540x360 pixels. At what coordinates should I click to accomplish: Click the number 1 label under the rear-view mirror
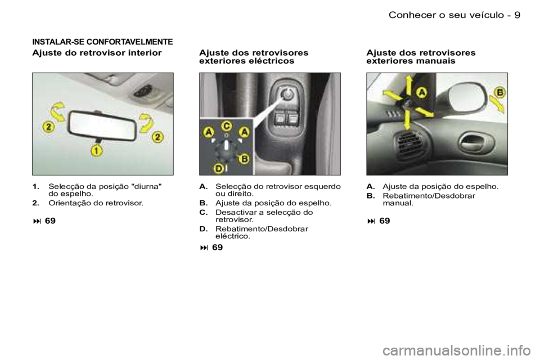97,151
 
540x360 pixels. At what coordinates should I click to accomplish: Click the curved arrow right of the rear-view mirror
146,122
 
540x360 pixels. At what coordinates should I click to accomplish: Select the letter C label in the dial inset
226,127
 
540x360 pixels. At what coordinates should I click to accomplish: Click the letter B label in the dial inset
245,159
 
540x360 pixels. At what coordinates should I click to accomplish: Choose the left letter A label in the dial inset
209,133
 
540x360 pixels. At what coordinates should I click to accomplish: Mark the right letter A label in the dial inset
244,132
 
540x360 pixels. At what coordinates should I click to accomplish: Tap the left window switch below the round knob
279,119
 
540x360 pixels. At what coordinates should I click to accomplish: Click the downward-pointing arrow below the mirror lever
407,119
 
